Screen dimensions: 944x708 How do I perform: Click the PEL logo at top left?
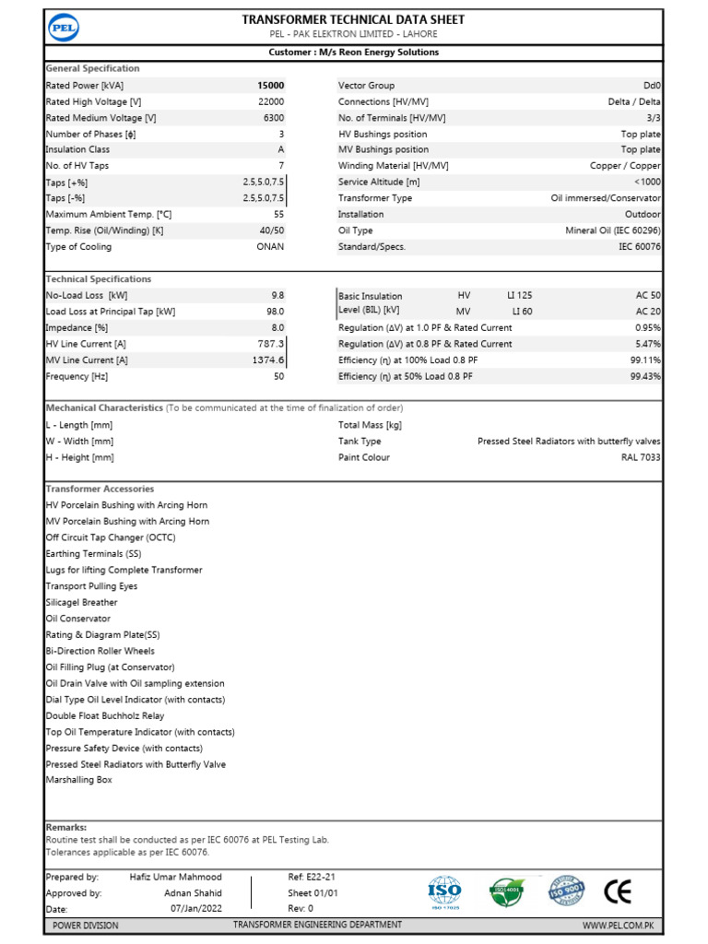[64, 29]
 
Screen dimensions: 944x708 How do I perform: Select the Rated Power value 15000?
[270, 85]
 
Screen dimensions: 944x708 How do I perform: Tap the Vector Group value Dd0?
[651, 85]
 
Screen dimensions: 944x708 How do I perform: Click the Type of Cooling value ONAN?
[270, 247]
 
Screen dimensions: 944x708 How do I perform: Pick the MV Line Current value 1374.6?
[268, 360]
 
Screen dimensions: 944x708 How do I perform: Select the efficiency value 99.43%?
[645, 376]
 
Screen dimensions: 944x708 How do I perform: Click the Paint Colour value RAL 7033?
[641, 457]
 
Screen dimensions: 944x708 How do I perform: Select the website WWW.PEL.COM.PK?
[618, 925]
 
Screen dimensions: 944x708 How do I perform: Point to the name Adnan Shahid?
[193, 893]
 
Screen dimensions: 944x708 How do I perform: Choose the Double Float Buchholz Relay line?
[105, 715]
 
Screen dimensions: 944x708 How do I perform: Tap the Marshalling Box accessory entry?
[78, 780]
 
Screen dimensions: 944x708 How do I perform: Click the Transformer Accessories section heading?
[100, 489]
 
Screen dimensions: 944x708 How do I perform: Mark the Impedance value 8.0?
[277, 327]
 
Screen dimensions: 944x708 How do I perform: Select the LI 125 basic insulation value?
[519, 295]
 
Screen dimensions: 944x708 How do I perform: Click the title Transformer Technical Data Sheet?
[353, 19]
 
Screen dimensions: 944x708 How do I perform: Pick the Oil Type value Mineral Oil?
[612, 230]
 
